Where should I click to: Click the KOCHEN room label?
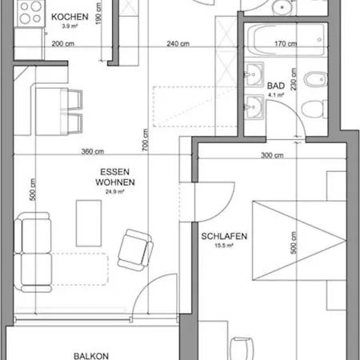point(70,17)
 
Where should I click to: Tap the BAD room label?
point(276,86)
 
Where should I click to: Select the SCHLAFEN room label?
point(224,236)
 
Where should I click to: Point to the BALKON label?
point(91,356)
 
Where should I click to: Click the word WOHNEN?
point(115,182)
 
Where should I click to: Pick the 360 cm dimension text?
point(93,151)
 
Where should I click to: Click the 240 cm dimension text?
point(178,43)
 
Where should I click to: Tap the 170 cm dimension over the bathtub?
point(286,43)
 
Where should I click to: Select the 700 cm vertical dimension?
point(145,140)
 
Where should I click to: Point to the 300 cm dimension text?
point(272,155)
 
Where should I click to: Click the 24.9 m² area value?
point(115,191)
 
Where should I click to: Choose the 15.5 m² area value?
point(224,246)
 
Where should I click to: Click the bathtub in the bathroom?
point(286,39)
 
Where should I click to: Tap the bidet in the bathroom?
point(315,79)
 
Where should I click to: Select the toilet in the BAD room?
point(314,109)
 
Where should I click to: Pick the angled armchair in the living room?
point(135,250)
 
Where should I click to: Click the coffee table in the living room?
point(89,223)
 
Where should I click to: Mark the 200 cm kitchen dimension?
point(63,43)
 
